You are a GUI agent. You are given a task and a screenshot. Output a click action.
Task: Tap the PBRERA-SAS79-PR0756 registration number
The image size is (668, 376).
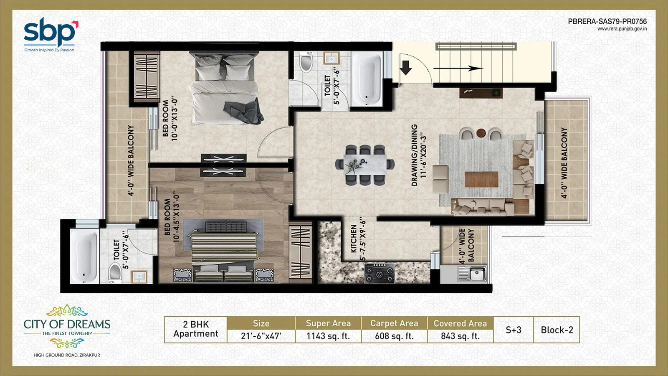[x=607, y=21]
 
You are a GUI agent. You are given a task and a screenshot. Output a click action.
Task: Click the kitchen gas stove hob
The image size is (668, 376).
[x=380, y=273]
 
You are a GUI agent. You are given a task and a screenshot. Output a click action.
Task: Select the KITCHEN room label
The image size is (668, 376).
[x=354, y=239]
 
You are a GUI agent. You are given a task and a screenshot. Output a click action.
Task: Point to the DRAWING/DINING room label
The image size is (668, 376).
[x=414, y=155]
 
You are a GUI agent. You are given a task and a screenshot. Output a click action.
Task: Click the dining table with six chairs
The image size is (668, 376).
[x=365, y=165]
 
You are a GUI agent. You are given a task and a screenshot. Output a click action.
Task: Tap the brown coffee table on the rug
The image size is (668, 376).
[x=481, y=180]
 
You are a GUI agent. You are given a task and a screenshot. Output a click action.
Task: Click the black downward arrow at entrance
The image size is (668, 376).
[x=405, y=67]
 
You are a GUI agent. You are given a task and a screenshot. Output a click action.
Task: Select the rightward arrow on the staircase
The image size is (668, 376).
[x=458, y=69]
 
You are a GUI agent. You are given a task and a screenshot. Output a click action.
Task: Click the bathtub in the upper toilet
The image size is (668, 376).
[x=367, y=79]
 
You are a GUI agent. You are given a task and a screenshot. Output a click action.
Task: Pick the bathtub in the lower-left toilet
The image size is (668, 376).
[x=84, y=256]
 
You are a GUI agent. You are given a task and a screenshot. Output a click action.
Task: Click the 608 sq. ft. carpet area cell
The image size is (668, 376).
[x=394, y=336]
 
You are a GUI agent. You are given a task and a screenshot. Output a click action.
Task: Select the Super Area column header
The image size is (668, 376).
[x=328, y=323]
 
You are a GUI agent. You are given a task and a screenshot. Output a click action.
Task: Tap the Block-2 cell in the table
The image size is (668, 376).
[x=557, y=330]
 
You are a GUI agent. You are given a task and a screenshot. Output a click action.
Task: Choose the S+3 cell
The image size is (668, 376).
[x=514, y=330]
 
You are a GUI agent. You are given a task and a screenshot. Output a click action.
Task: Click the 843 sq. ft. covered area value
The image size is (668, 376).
[x=461, y=336]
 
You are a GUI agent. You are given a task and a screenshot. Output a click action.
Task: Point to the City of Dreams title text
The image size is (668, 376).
[x=67, y=324]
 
